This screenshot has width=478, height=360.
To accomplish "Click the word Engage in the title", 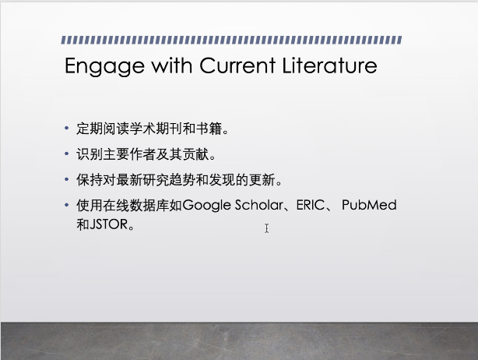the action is [x=104, y=66].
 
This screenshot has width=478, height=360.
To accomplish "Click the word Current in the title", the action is [x=237, y=65].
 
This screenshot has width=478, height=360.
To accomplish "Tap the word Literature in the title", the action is [x=329, y=65].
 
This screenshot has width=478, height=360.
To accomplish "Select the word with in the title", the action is [x=172, y=65].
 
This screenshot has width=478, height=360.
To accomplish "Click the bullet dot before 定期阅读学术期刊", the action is [x=67, y=128].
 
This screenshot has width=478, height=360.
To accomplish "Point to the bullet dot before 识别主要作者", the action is [x=67, y=154].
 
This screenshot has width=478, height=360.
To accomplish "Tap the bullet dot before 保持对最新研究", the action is [x=67, y=179].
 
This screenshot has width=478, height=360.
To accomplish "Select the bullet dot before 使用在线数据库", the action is [x=67, y=205].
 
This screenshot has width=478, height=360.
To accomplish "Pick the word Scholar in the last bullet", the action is [x=259, y=205].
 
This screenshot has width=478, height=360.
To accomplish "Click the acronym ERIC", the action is [x=311, y=205].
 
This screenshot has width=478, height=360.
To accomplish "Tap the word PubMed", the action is [x=369, y=205].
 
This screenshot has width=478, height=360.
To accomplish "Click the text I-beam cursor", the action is [x=267, y=228].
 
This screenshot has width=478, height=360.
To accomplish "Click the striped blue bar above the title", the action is [x=231, y=40].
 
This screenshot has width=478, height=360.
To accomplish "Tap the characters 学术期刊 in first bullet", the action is [x=156, y=129].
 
